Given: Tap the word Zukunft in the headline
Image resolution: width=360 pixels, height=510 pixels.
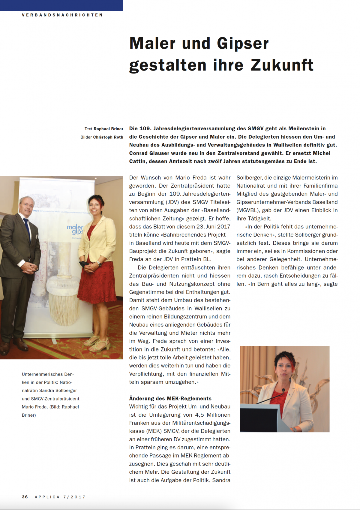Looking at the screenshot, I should tap(282, 65).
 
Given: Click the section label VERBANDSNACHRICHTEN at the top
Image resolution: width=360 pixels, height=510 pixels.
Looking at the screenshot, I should tap(62, 15).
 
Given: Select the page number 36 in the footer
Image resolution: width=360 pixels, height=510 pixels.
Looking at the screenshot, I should tap(25, 497).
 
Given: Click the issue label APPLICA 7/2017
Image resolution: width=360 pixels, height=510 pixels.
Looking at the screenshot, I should tap(60, 497).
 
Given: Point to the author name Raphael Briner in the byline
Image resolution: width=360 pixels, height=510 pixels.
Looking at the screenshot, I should tap(108, 129).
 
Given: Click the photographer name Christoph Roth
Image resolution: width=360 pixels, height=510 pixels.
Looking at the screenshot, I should tap(108, 137).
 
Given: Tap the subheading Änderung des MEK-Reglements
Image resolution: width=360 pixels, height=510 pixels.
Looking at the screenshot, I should tap(170, 398).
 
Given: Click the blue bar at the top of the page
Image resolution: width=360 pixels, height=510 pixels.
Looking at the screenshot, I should tap(61, 5).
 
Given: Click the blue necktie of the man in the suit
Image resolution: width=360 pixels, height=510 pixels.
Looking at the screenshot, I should tap(28, 230).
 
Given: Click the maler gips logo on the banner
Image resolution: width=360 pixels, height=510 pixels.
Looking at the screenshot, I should tap(75, 229).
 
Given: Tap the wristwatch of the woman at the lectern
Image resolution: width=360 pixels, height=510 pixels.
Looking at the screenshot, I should tap(294, 429).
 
